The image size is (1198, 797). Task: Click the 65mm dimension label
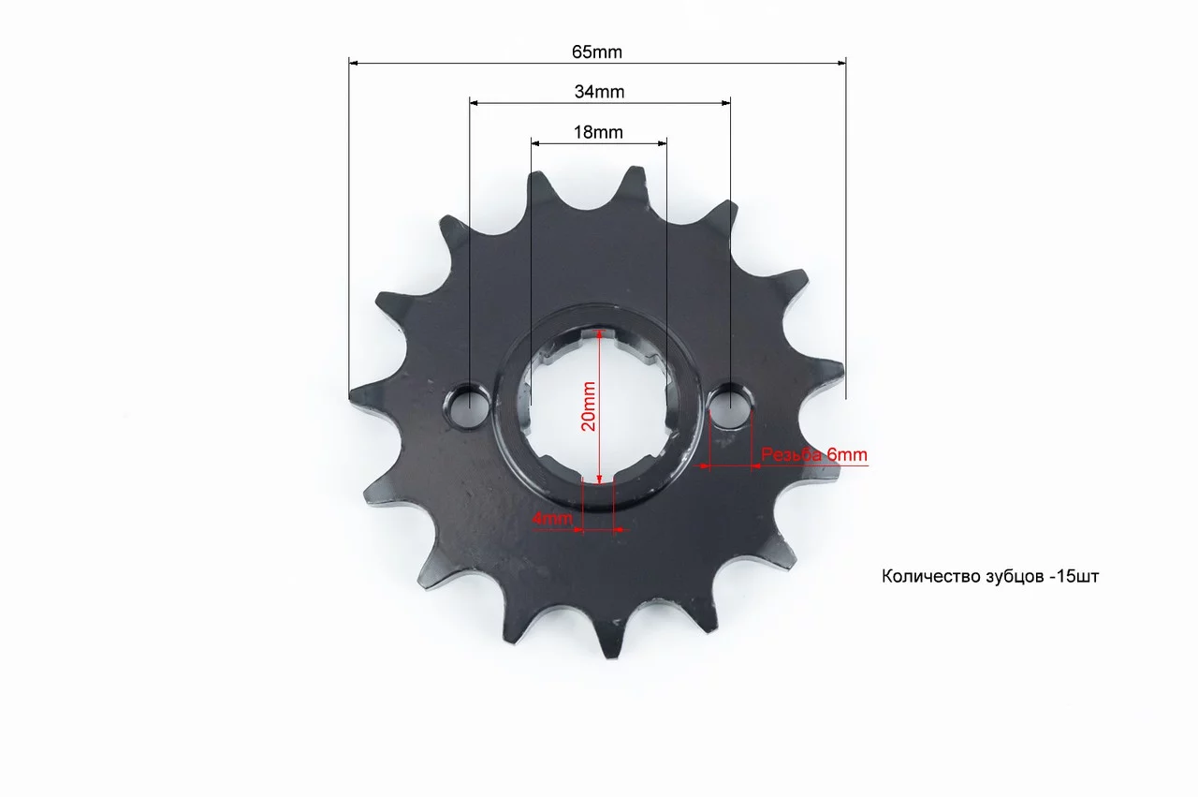point(597,52)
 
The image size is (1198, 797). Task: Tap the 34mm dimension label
point(599,92)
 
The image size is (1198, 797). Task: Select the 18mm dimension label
point(598,132)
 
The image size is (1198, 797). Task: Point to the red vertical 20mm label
point(589,406)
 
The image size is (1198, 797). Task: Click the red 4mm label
point(552,518)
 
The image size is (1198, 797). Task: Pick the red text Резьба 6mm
point(814,454)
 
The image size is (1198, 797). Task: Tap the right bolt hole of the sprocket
point(731,405)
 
